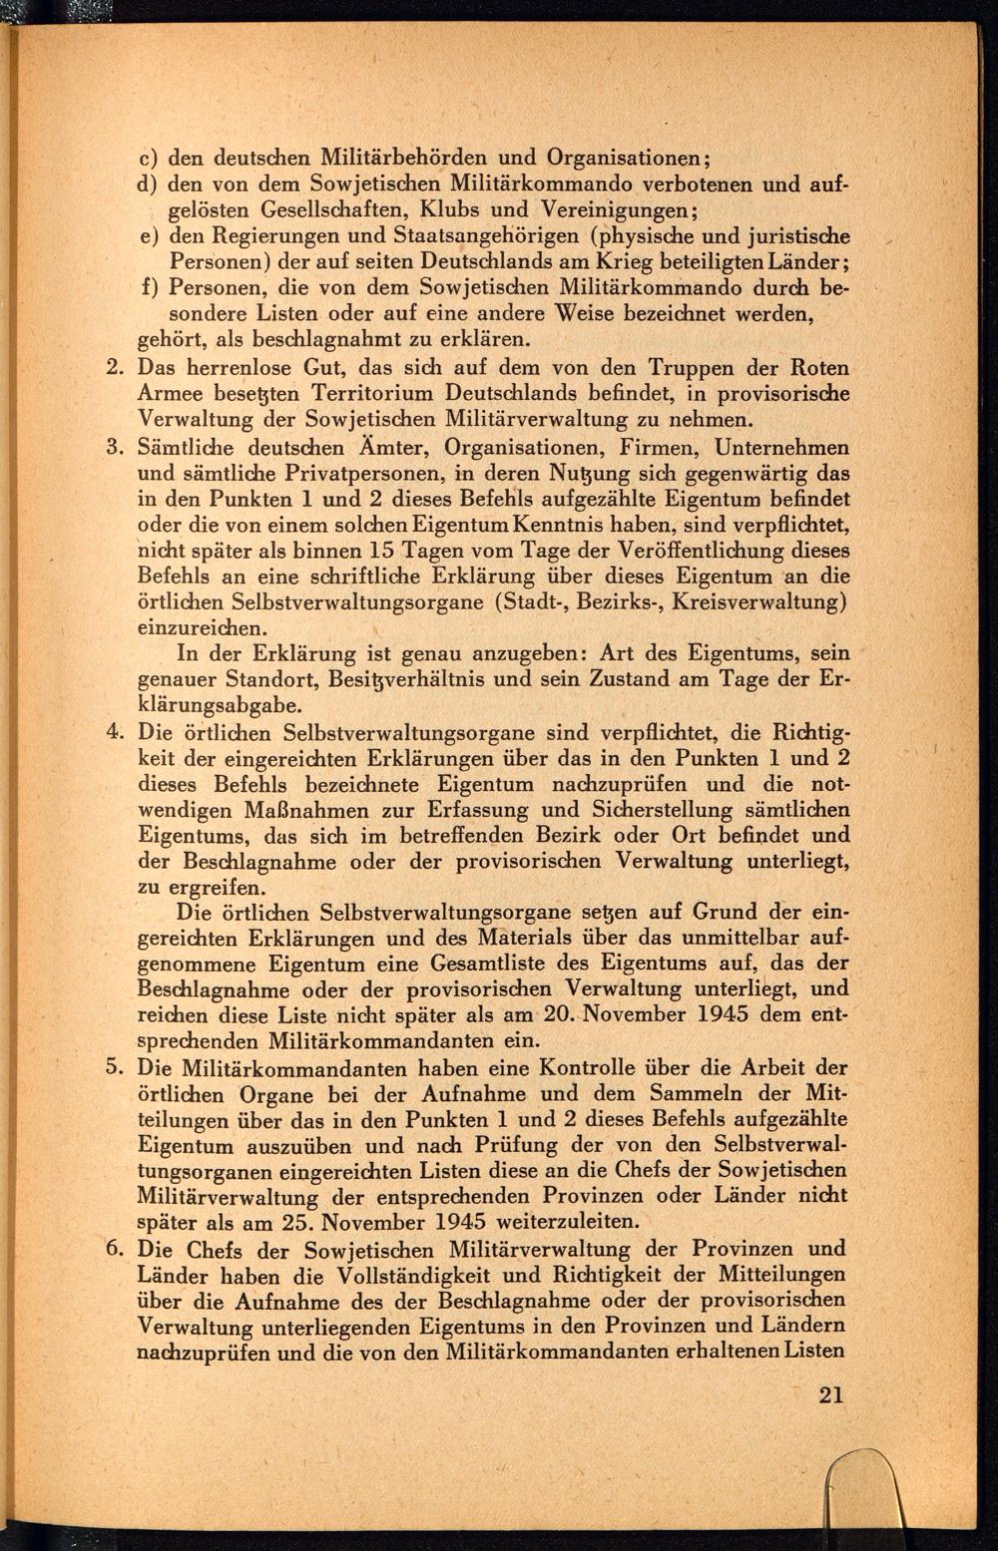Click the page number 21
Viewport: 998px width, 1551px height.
tap(830, 1394)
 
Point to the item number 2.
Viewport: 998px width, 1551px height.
tap(114, 368)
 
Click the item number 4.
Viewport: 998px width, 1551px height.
tap(114, 732)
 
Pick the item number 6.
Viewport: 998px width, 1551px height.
tap(114, 1249)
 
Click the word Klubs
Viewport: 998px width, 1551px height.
tap(453, 210)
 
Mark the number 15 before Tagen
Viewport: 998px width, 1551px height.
tap(383, 550)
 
